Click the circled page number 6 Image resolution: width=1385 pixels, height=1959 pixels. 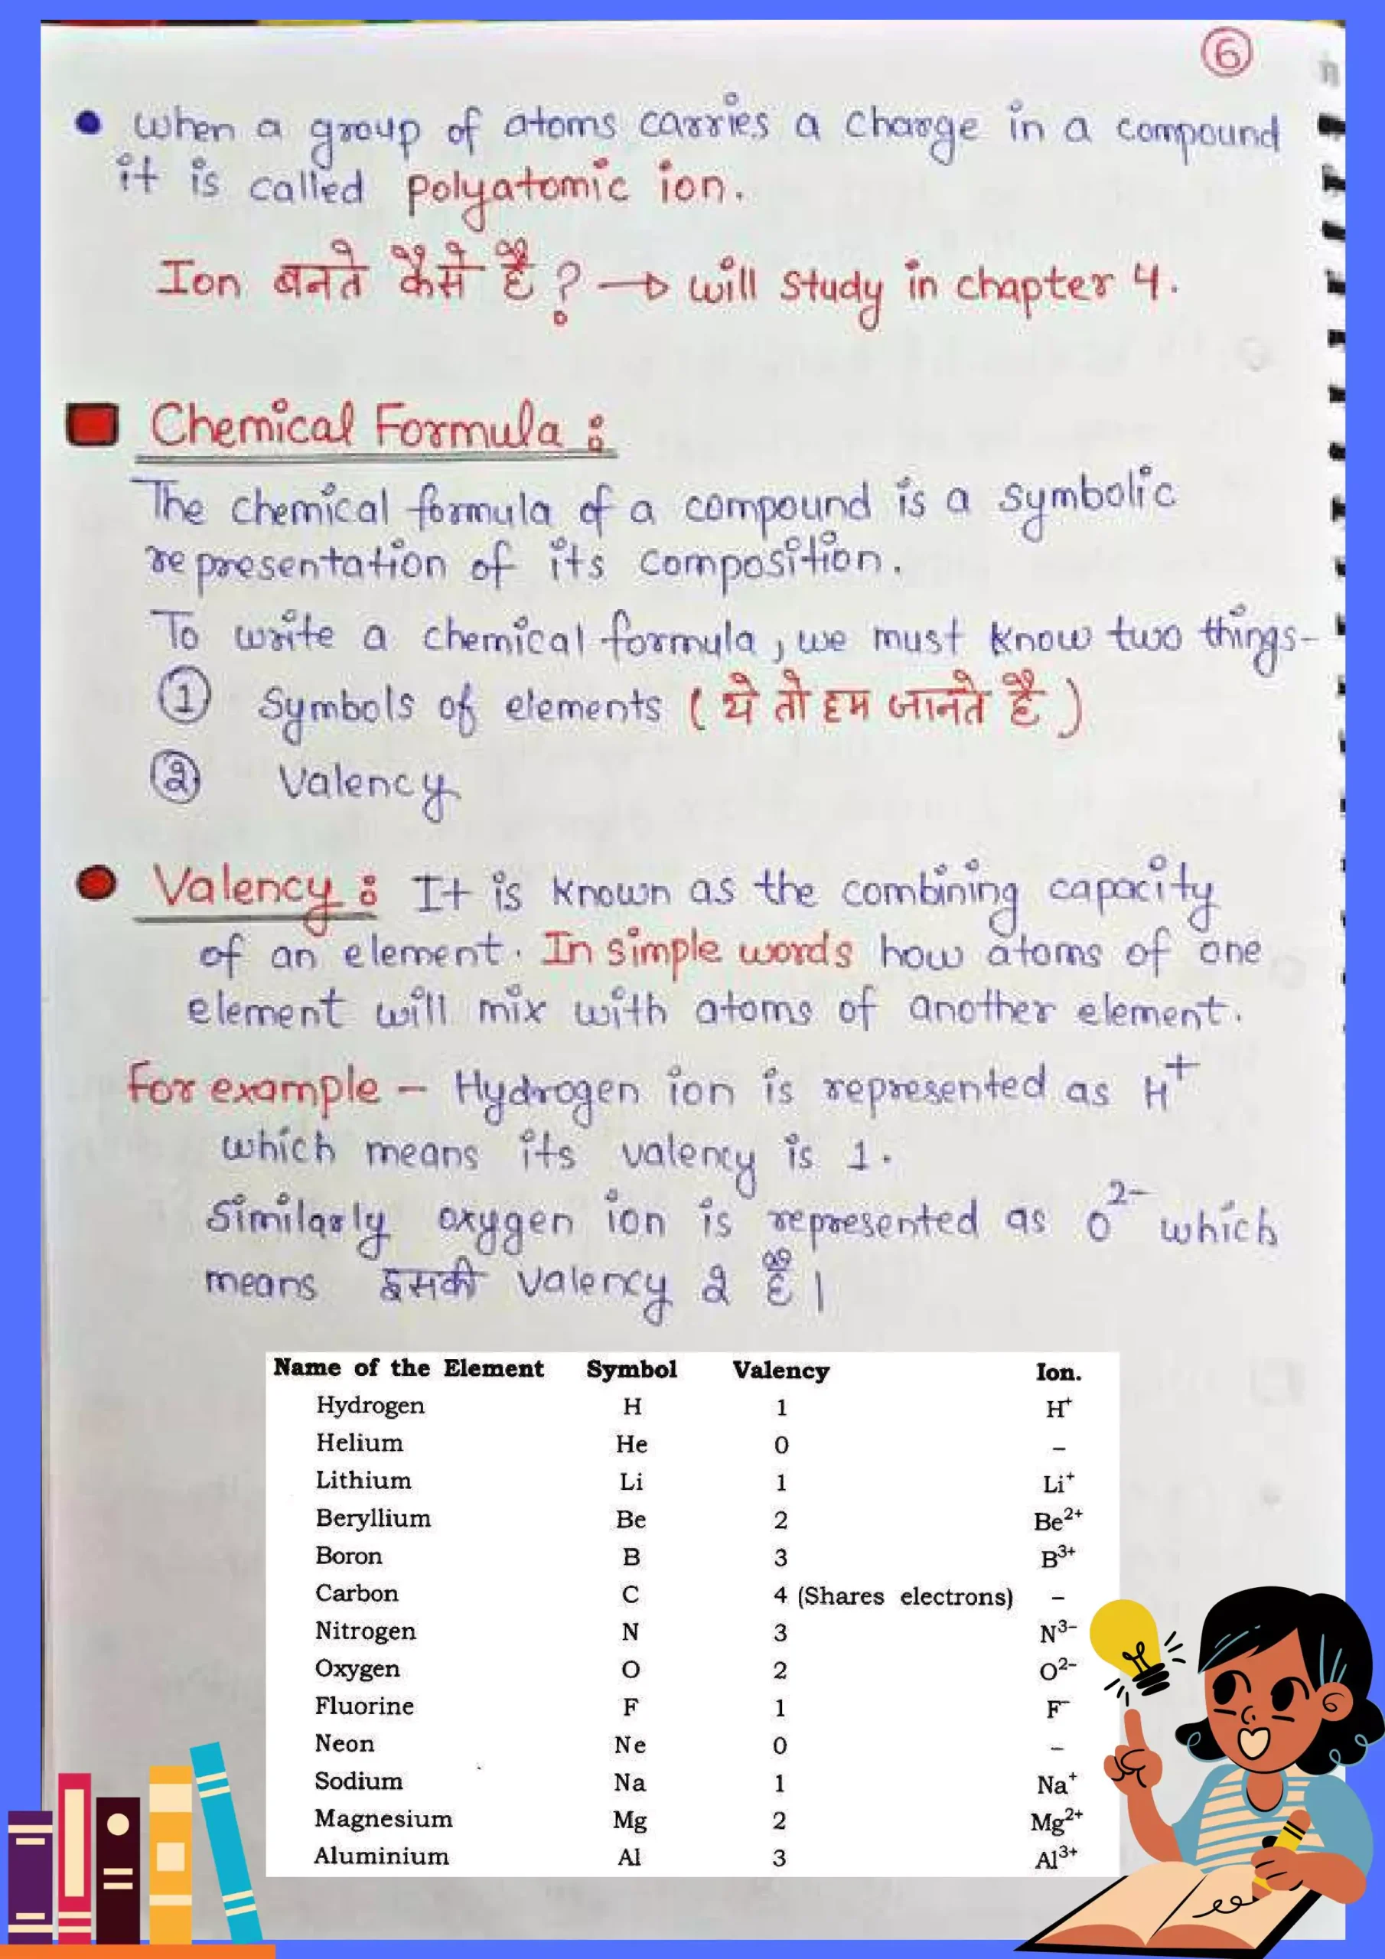(1227, 53)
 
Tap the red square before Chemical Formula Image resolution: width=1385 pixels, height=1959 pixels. (92, 425)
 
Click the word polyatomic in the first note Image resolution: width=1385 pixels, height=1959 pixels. (517, 187)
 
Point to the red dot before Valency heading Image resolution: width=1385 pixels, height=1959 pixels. (96, 883)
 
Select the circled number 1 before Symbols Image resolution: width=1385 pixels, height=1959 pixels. (183, 696)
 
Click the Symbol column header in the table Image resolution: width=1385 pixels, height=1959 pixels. (631, 1370)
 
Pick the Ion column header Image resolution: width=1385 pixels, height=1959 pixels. (1058, 1372)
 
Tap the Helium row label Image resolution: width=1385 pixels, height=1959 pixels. (360, 1442)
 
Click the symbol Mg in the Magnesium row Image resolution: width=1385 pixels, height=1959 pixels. (630, 1820)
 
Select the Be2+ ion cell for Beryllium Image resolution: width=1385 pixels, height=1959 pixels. (1057, 1520)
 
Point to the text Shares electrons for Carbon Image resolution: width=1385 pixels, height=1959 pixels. (904, 1596)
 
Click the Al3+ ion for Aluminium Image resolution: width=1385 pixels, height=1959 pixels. (1056, 1857)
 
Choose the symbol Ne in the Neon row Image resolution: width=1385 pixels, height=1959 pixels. (630, 1745)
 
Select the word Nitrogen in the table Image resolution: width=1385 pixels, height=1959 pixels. (365, 1631)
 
